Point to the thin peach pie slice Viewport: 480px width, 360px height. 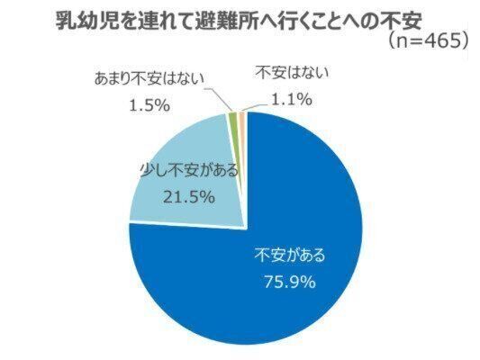pos(242,115)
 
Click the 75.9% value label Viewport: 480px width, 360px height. pos(290,282)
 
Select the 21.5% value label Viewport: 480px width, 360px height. pos(188,197)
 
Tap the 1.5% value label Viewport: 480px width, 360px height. pos(149,105)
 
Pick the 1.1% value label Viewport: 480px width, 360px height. pos(292,99)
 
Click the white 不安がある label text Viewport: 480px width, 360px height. pos(290,256)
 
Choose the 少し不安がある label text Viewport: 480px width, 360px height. pos(189,170)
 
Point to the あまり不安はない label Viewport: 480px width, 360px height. pos(149,79)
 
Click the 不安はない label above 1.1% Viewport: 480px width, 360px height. pos(293,73)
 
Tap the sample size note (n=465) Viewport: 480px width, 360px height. pos(428,41)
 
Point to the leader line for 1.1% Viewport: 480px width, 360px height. pos(255,108)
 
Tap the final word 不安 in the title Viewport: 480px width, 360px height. pos(402,21)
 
